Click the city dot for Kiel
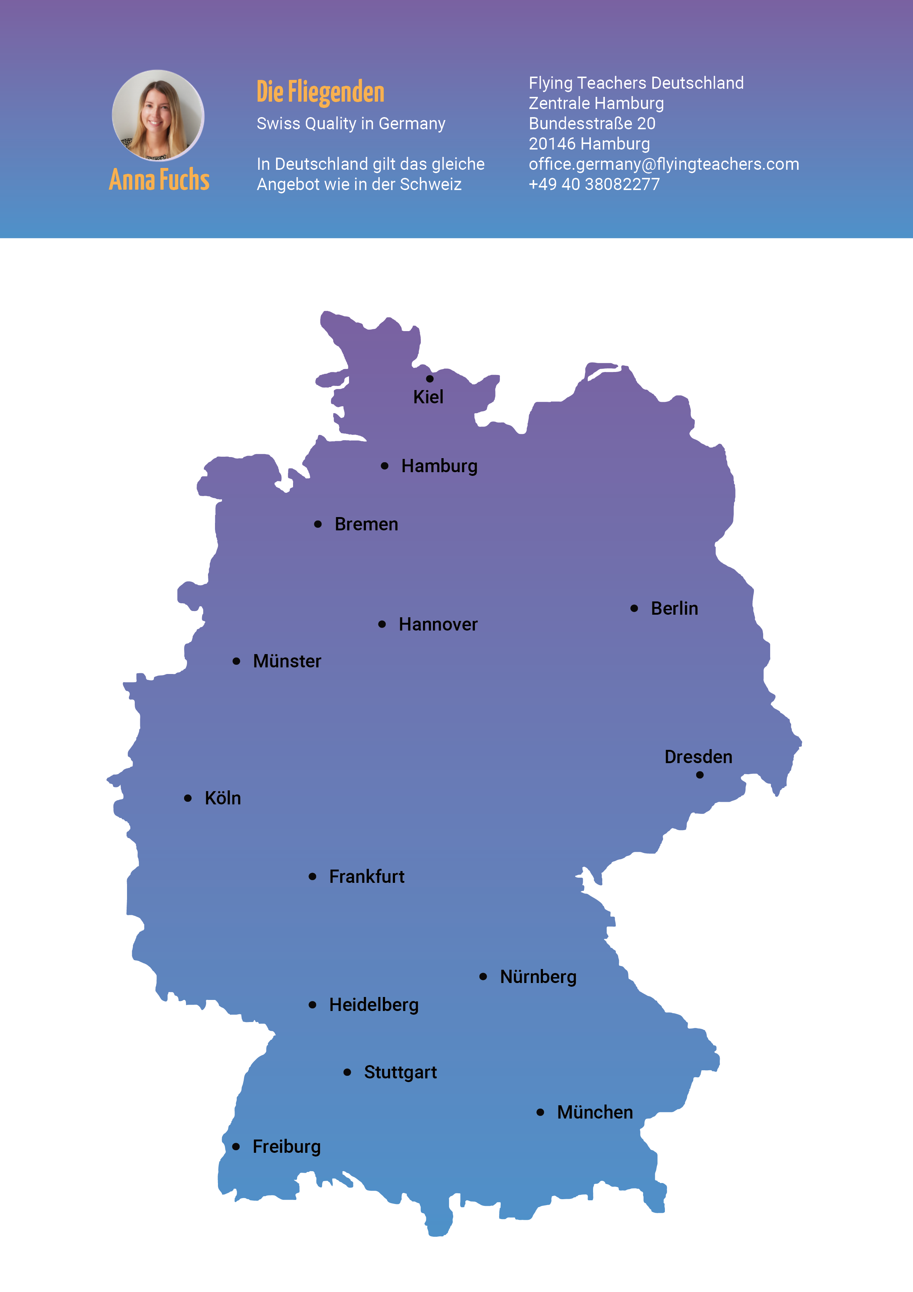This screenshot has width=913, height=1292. (x=430, y=379)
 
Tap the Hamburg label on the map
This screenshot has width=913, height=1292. (x=439, y=466)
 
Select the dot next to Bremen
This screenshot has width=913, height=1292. (x=318, y=524)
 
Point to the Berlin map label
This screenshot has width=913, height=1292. (x=674, y=608)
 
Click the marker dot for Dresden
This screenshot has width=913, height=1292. (x=700, y=775)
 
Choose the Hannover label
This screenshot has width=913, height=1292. (x=438, y=624)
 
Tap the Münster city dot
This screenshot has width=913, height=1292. (x=236, y=661)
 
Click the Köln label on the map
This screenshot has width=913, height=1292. (x=222, y=798)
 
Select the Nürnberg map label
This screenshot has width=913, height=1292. (x=538, y=977)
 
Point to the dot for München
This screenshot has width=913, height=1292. (x=540, y=1112)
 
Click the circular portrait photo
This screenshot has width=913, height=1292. (x=158, y=115)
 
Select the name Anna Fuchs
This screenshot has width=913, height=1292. (x=159, y=179)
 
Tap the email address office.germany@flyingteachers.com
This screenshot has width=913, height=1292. (x=664, y=164)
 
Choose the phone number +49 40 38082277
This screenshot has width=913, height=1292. (x=594, y=184)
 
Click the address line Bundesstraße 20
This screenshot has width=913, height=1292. (x=592, y=123)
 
